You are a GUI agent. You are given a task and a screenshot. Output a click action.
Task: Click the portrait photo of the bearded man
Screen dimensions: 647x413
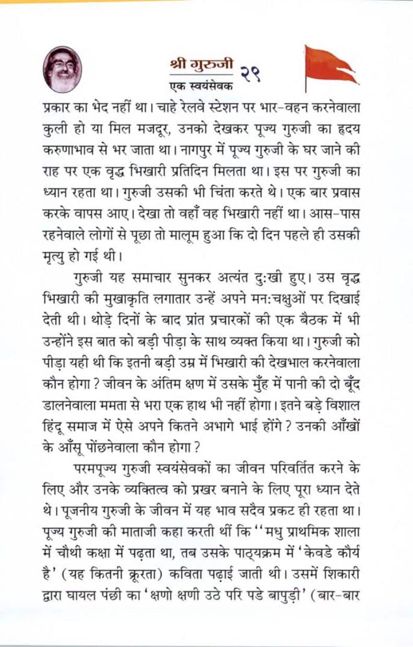[x=63, y=70]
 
